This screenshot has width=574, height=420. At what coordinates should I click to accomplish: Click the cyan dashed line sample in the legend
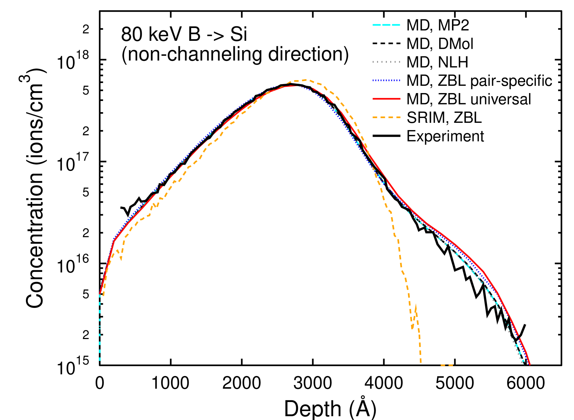click(386, 25)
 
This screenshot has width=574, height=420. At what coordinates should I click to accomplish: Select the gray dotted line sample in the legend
click(386, 62)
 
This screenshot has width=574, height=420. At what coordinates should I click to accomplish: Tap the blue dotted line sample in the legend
click(386, 80)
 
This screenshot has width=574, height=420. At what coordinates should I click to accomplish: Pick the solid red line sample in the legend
click(386, 99)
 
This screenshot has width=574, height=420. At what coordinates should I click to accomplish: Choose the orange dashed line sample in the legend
click(386, 117)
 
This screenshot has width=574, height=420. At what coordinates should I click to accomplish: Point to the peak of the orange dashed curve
click(306, 80)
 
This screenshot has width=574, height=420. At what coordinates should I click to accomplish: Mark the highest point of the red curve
click(294, 85)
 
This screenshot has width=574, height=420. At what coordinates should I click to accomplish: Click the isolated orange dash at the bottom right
click(447, 365)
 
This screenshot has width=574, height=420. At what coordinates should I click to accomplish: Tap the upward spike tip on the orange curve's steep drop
click(415, 304)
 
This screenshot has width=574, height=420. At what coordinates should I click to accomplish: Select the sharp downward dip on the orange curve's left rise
click(121, 259)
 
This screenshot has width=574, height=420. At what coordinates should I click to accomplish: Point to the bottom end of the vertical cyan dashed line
click(100, 364)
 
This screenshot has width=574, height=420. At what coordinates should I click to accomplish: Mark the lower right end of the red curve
click(529, 364)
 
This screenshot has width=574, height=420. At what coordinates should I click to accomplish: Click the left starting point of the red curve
click(100, 294)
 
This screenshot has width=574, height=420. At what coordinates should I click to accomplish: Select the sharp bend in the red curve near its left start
click(114, 240)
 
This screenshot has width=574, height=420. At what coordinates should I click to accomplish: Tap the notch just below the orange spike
click(412, 328)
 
